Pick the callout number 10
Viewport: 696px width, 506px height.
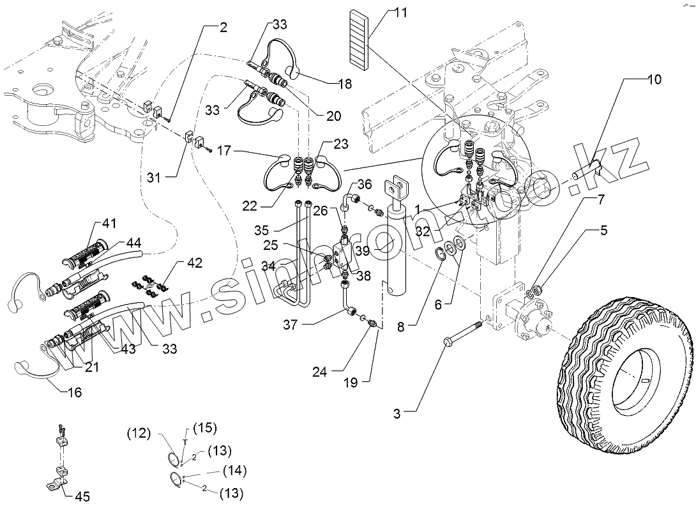(x=654, y=80)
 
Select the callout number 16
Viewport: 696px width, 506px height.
(x=75, y=392)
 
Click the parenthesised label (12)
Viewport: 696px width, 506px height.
(x=139, y=433)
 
